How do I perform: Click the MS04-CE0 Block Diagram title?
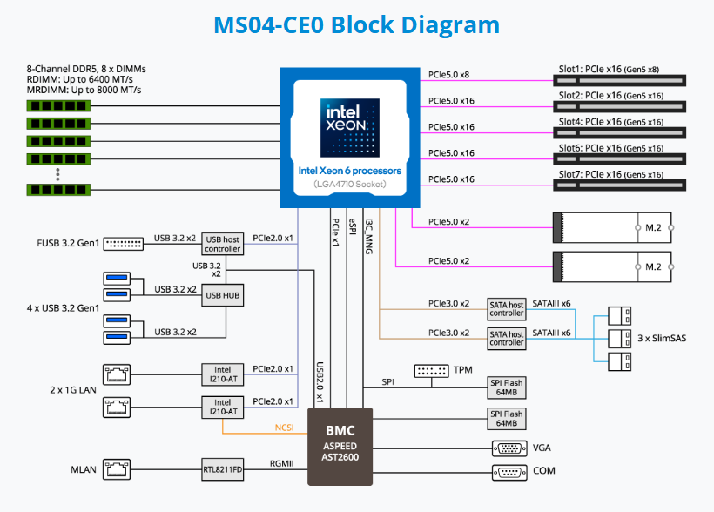pos(357,24)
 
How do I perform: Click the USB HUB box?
pos(222,295)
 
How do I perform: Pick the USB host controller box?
pos(222,244)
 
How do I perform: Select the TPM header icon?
pos(431,371)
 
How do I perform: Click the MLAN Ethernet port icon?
pos(116,470)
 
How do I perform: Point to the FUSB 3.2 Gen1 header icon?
pos(124,244)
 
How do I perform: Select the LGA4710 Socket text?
pos(350,184)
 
